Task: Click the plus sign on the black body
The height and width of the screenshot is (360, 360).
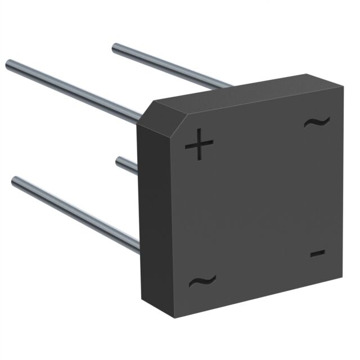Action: click(x=199, y=145)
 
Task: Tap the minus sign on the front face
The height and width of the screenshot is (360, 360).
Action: click(x=317, y=254)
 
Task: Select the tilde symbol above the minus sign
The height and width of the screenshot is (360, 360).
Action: click(x=316, y=121)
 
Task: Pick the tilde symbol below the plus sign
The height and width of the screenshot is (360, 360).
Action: click(x=202, y=281)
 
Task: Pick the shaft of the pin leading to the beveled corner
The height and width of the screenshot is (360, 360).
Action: click(x=73, y=91)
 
